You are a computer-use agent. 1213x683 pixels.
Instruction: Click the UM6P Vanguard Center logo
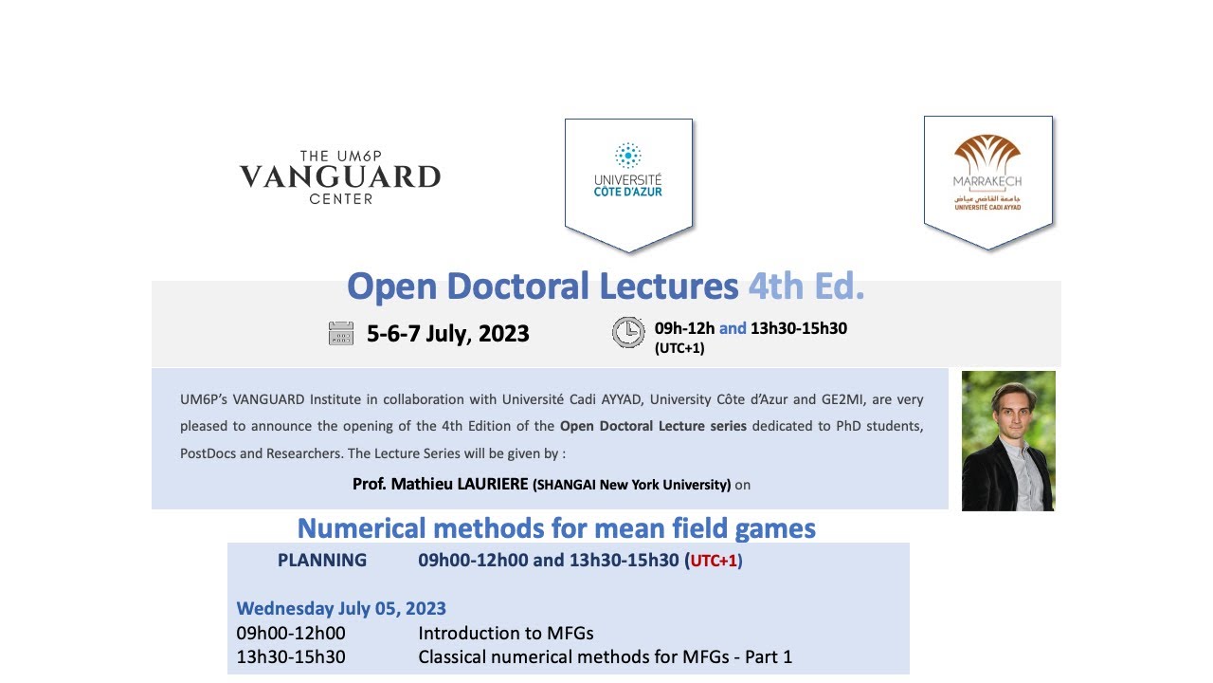(339, 176)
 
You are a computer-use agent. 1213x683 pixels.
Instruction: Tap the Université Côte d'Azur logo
(628, 180)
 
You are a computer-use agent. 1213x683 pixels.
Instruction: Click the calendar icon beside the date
(341, 333)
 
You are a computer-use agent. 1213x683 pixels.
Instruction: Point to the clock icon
(627, 332)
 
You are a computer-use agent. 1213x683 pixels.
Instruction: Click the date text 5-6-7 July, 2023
(447, 334)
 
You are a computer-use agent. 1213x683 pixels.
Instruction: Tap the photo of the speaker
(1008, 440)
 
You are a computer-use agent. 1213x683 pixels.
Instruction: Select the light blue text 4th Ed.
(806, 286)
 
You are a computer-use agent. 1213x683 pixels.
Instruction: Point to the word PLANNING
(322, 560)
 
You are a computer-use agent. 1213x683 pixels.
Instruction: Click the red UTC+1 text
(714, 561)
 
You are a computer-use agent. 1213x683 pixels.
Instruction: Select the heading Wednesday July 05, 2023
(341, 608)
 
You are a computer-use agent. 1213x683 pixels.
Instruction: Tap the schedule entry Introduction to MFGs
(505, 633)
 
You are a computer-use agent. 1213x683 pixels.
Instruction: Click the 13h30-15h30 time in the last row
(291, 656)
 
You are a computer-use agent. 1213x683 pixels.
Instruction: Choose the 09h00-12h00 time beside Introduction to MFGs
(291, 633)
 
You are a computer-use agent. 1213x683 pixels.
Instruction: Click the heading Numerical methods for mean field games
(556, 527)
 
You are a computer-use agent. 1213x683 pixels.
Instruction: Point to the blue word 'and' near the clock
(733, 329)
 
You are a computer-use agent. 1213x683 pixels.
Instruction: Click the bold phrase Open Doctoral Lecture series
(653, 426)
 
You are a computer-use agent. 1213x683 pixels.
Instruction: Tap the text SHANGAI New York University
(632, 485)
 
